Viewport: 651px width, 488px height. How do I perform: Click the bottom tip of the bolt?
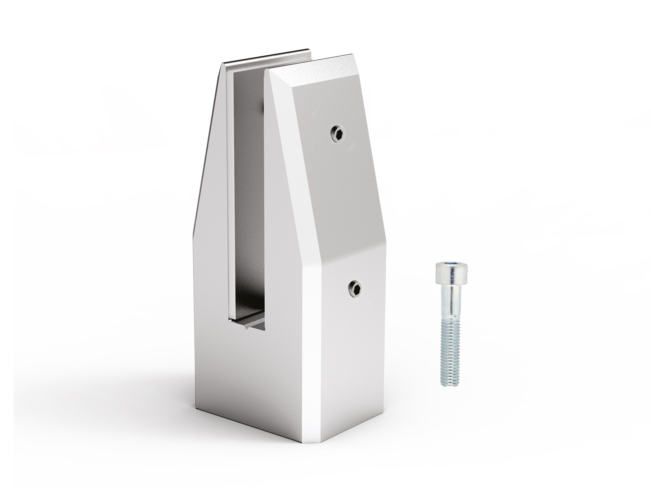[x=450, y=383]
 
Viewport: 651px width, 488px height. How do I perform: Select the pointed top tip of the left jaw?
[x=223, y=65]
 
